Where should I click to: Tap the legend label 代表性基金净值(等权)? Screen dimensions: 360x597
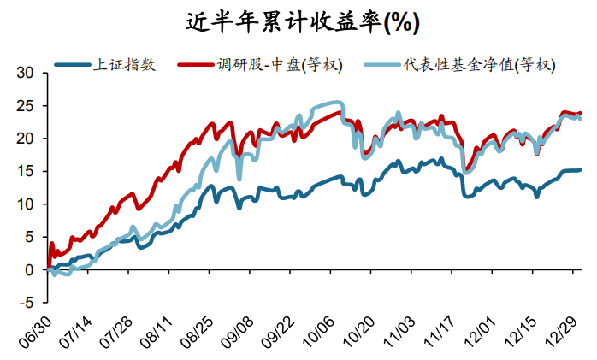click(x=481, y=65)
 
